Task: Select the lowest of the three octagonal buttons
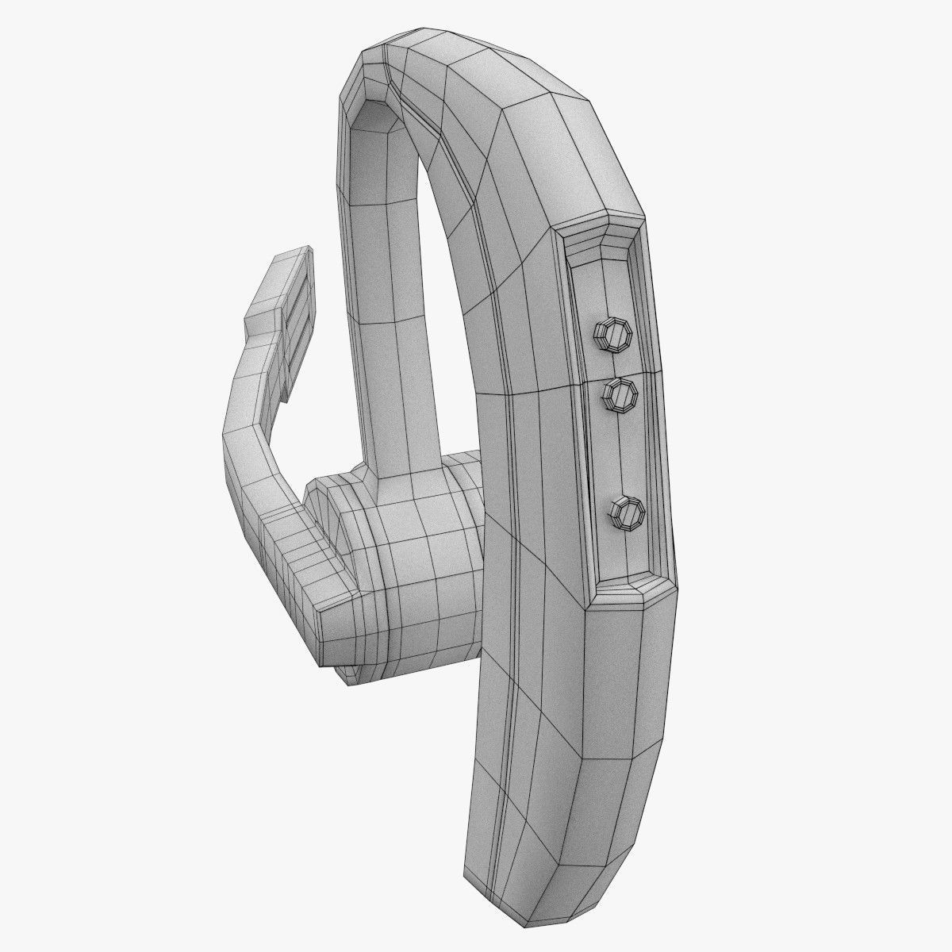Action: (629, 512)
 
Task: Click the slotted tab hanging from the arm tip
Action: (297, 333)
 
